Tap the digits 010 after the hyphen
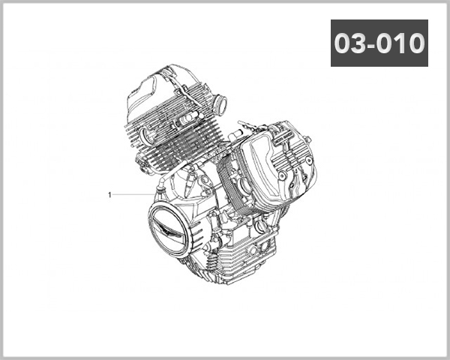coord(401,43)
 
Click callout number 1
coord(109,195)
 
